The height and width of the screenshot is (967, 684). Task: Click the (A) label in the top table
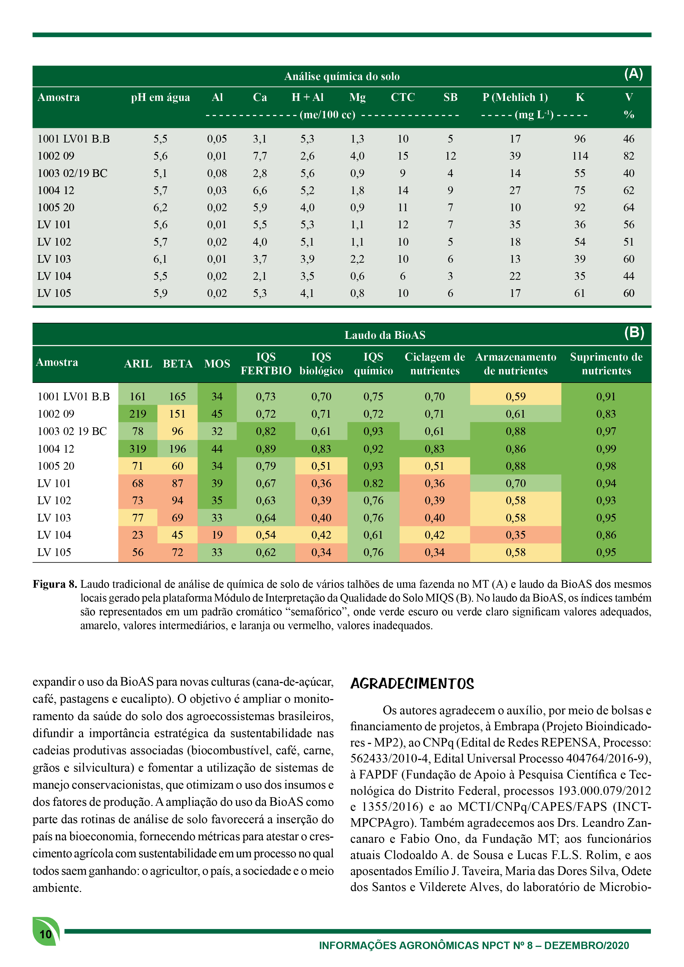[x=634, y=74]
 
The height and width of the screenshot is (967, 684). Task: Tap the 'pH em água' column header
[x=160, y=97]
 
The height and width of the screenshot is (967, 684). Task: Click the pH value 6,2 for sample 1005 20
[x=160, y=207]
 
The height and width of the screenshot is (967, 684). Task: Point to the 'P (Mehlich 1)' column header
[x=515, y=97]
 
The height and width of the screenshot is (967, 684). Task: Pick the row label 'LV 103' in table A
[x=54, y=259]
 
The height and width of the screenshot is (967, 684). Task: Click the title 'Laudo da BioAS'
[x=385, y=335]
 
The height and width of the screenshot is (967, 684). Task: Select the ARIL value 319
[x=138, y=449]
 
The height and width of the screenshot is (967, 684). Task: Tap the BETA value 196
[x=177, y=449]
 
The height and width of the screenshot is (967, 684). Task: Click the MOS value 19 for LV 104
[x=217, y=535]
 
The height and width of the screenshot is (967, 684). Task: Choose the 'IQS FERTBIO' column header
[x=266, y=364]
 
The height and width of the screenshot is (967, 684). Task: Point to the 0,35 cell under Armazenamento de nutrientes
[x=516, y=535]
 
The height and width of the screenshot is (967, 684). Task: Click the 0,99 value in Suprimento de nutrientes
[x=606, y=449]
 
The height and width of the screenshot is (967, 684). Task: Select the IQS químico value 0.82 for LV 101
[x=373, y=483]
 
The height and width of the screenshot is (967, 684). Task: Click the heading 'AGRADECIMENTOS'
[x=412, y=684]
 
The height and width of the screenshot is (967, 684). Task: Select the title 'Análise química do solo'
[x=342, y=76]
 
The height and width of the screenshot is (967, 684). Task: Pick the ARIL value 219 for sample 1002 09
[x=138, y=414]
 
